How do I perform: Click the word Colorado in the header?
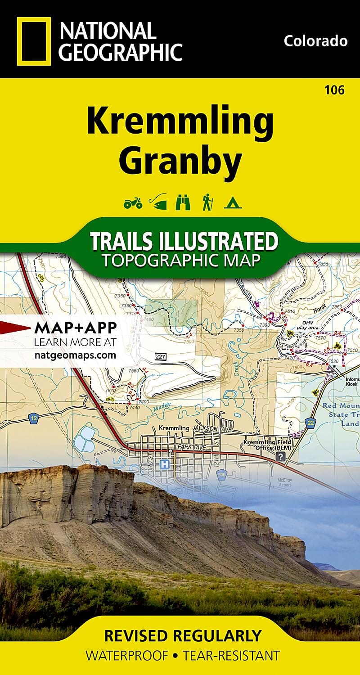315,41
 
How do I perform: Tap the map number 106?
334,90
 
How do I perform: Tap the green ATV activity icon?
133,203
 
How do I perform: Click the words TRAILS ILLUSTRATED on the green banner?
184,242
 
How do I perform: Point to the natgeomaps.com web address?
75,355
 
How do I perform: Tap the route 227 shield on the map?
160,356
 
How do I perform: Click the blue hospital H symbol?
165,463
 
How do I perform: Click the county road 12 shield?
34,419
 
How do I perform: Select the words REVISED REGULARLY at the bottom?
183,636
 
